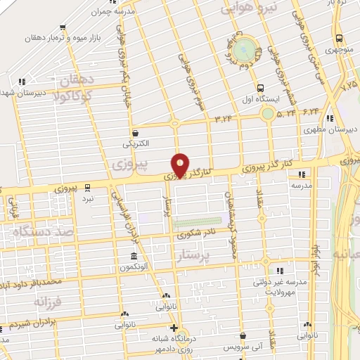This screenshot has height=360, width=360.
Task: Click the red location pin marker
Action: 180,165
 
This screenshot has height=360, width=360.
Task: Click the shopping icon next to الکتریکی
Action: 135,132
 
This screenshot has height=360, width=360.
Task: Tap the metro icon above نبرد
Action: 88,187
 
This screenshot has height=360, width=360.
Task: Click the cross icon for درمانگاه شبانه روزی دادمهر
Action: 174,328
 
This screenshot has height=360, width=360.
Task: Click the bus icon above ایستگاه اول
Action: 261,89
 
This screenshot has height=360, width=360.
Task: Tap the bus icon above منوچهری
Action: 340,39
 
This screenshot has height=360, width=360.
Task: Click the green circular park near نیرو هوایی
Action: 246,49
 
